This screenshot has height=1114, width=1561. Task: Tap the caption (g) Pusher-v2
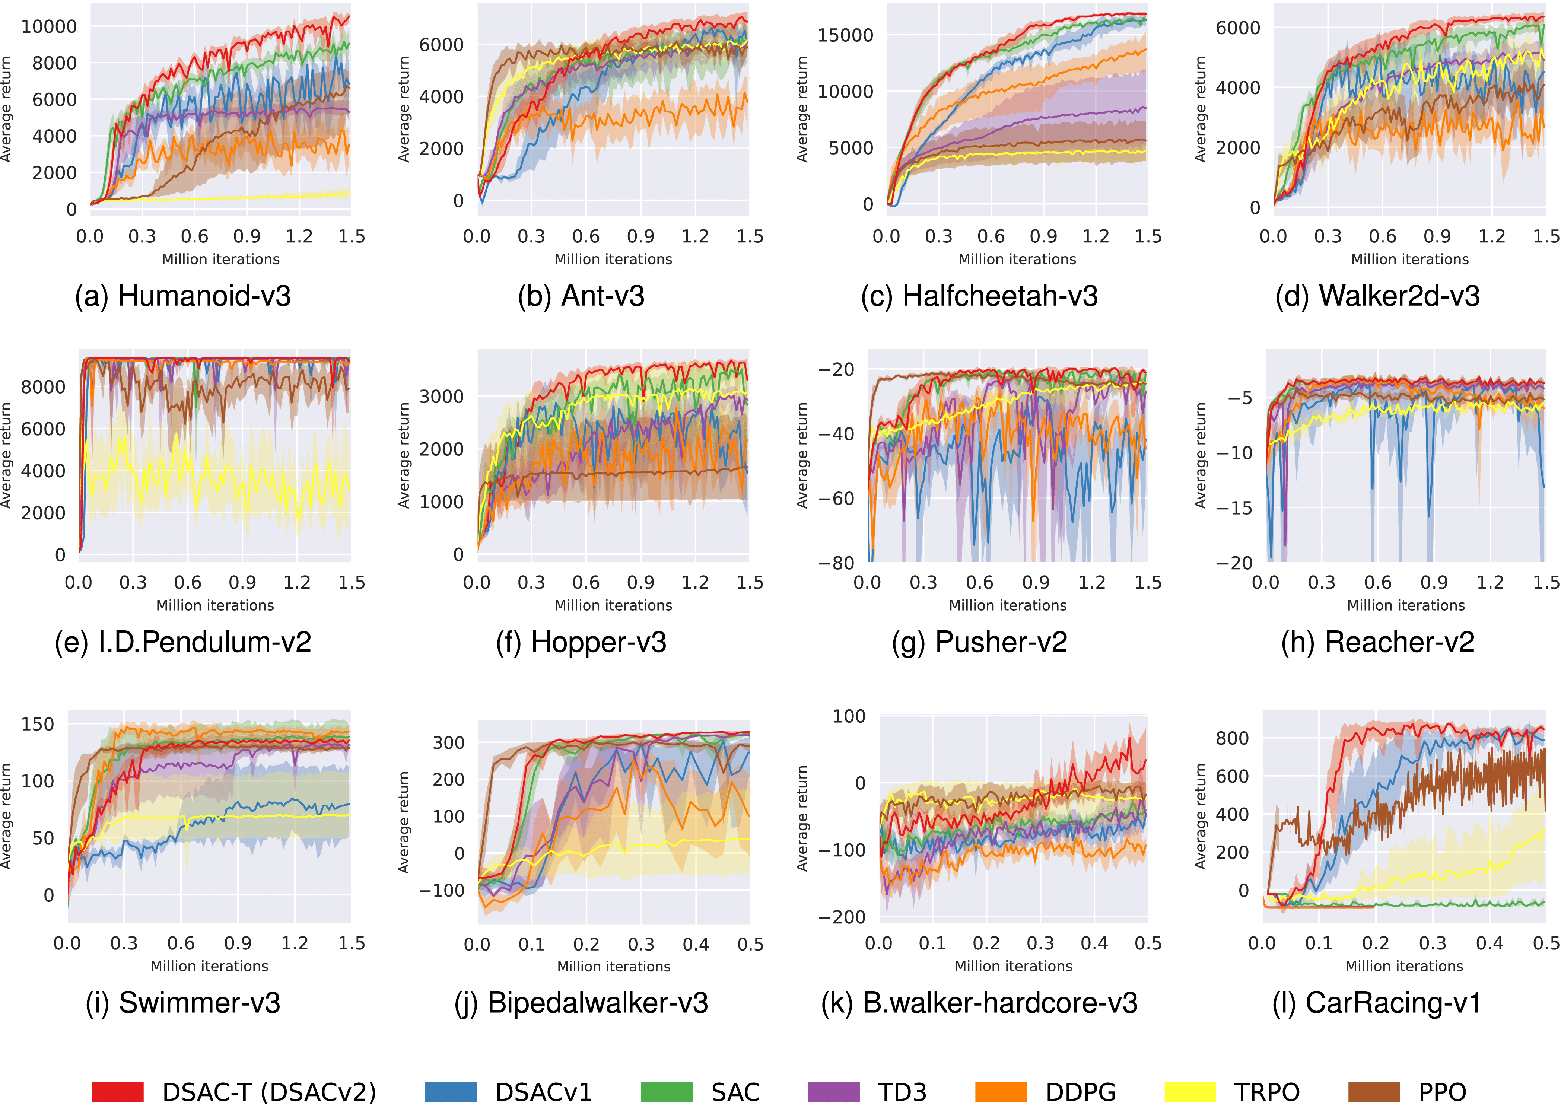pos(979,642)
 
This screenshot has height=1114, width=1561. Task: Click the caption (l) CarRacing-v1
pos(1377,1003)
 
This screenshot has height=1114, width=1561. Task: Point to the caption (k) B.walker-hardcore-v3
pos(979,1003)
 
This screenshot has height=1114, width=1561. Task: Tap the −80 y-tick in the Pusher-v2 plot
pos(836,563)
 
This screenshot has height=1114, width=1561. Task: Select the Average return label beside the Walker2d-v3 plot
pos(1200,110)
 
